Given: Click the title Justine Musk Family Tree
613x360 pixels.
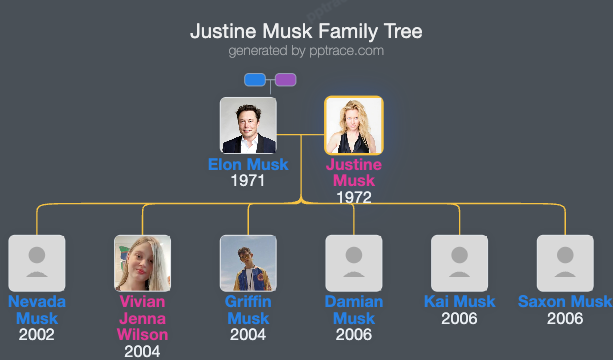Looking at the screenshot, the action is pyautogui.click(x=306, y=31).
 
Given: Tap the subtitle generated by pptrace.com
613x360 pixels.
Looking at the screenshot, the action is pyautogui.click(x=306, y=50).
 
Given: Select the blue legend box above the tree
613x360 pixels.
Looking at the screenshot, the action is pyautogui.click(x=255, y=80).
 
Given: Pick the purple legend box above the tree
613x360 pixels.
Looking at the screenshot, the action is pyautogui.click(x=285, y=80).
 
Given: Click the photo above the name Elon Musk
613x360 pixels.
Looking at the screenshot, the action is pyautogui.click(x=248, y=125).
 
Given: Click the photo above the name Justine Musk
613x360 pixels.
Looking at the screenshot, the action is pyautogui.click(x=354, y=125).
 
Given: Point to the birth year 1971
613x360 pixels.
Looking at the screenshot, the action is pyautogui.click(x=248, y=181).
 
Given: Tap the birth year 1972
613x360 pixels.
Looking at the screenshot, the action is pyautogui.click(x=354, y=197).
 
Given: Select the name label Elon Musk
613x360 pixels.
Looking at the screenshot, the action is pyautogui.click(x=248, y=165).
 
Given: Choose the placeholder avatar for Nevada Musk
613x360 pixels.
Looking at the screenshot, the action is pyautogui.click(x=37, y=263).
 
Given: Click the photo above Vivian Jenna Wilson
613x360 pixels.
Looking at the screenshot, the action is pyautogui.click(x=142, y=263).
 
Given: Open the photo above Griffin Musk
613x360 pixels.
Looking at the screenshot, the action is pyautogui.click(x=248, y=263).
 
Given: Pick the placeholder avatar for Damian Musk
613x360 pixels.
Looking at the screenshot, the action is pyautogui.click(x=354, y=263).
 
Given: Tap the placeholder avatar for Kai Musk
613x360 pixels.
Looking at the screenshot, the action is pyautogui.click(x=460, y=263).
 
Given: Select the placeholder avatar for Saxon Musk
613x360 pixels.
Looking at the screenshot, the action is pyautogui.click(x=565, y=263).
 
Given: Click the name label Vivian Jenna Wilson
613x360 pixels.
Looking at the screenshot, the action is pyautogui.click(x=142, y=318).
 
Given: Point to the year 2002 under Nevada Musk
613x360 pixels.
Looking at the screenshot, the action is pyautogui.click(x=37, y=335).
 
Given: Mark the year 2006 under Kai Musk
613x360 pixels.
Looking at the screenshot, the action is pyautogui.click(x=460, y=319).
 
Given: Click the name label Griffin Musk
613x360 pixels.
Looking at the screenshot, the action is pyautogui.click(x=248, y=310).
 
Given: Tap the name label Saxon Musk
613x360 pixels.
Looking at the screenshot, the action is pyautogui.click(x=565, y=302).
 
